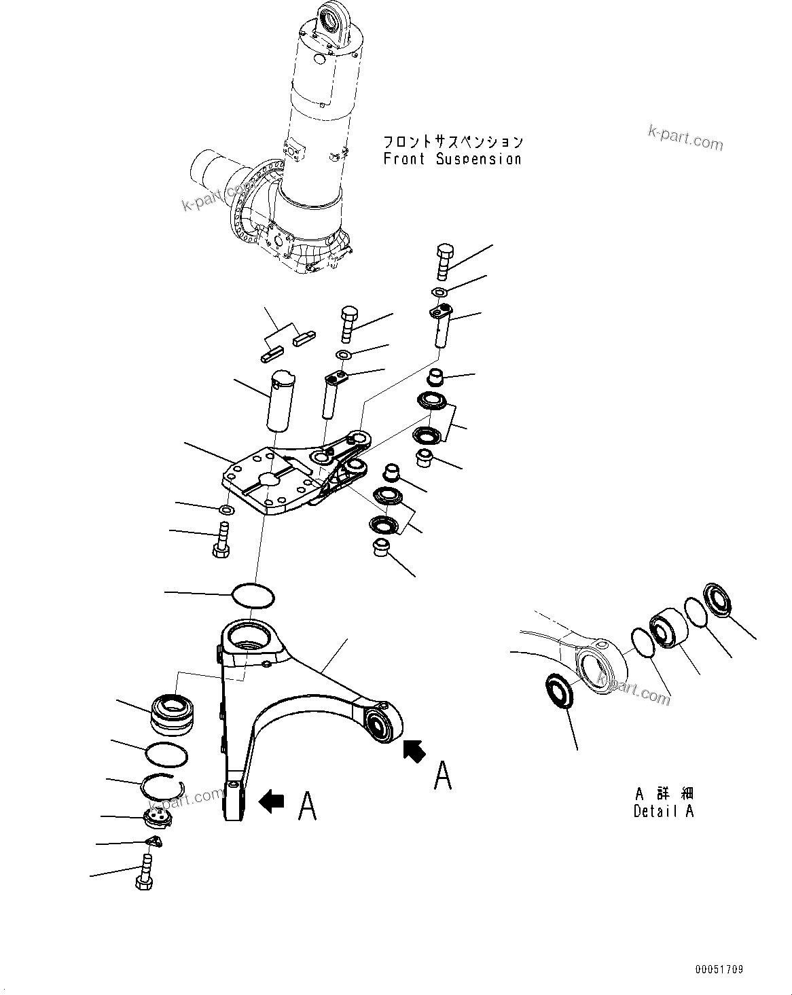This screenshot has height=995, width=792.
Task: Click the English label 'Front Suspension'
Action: tap(452, 160)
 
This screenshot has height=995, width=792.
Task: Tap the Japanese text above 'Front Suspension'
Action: tap(453, 142)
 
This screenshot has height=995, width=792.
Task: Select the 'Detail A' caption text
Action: tap(664, 811)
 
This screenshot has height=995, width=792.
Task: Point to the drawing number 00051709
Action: tap(719, 969)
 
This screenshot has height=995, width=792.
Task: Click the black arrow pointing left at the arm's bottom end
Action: tap(272, 801)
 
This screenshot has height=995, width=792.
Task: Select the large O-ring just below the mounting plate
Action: tap(253, 594)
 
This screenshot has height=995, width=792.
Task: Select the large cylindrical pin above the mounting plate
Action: tap(280, 401)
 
